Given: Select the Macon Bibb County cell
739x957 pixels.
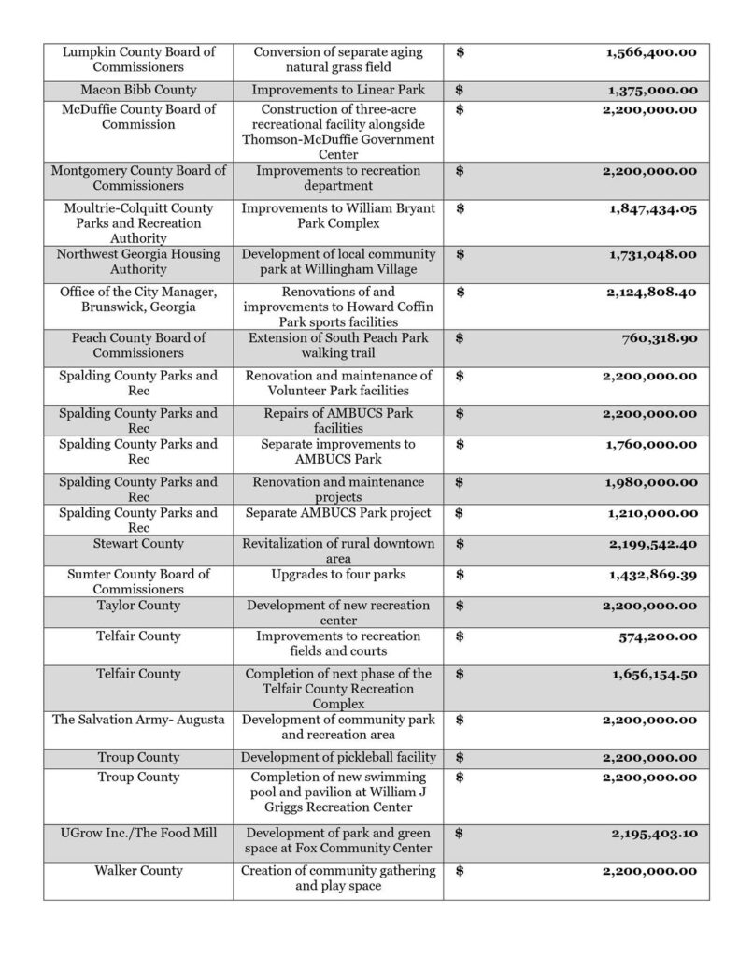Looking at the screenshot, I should coord(138,90).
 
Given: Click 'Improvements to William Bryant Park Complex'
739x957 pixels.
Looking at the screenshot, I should coord(338,215).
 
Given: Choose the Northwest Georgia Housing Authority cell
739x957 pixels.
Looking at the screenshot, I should coord(138,262).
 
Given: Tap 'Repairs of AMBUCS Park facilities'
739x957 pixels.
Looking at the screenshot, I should coord(338,421).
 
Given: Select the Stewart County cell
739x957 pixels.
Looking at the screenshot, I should coord(138,544).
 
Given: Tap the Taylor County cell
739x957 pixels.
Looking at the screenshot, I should coord(138,606).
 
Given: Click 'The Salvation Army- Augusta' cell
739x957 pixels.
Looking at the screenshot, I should coord(138,720).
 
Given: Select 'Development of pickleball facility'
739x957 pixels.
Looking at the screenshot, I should coord(338,756).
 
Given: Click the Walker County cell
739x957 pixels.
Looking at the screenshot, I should coord(138,871).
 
